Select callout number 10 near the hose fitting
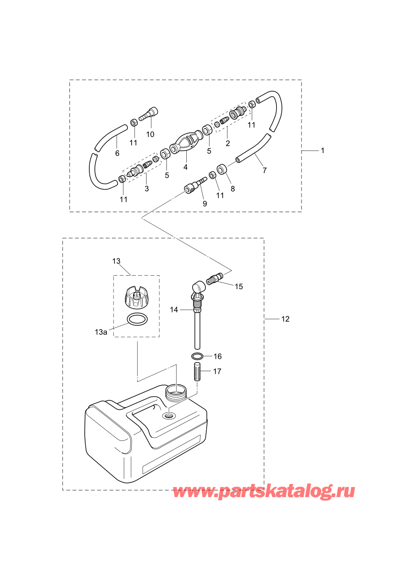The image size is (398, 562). pyautogui.click(x=150, y=134)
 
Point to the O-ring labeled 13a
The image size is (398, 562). pyautogui.click(x=137, y=319)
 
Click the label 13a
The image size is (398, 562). pyautogui.click(x=101, y=332)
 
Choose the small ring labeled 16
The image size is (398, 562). pyautogui.click(x=197, y=356)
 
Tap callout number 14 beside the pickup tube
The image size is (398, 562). pyautogui.click(x=174, y=310)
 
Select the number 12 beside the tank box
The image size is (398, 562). pyautogui.click(x=285, y=319)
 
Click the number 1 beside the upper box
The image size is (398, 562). pyautogui.click(x=323, y=151)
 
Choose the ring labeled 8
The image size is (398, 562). pyautogui.click(x=221, y=169)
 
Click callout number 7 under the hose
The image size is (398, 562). pyautogui.click(x=265, y=171)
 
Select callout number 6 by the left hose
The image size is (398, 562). pyautogui.click(x=117, y=153)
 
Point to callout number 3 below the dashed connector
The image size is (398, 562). pyautogui.click(x=147, y=188)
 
